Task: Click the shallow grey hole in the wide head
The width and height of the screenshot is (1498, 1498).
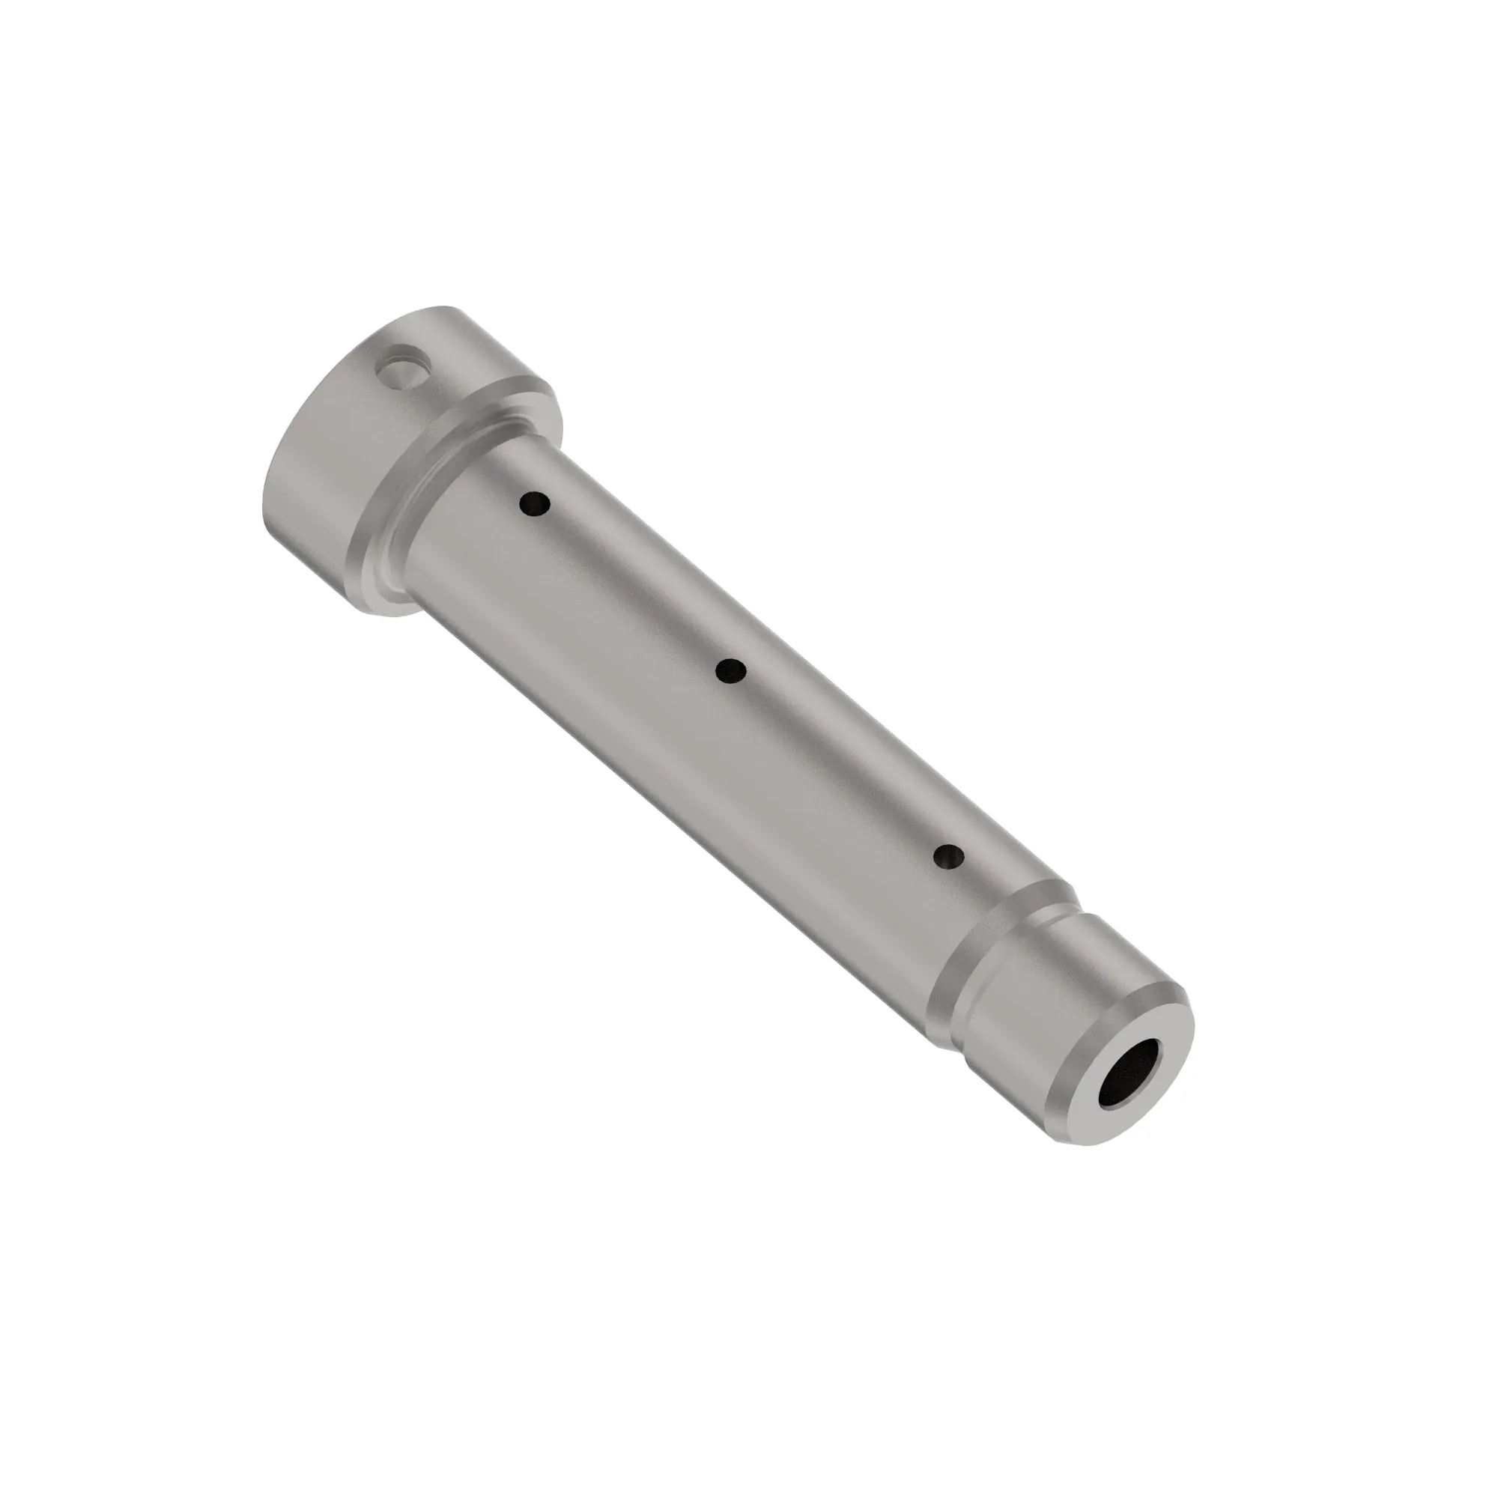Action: tap(401, 368)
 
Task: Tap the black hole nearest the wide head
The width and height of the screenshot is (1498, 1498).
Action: tap(535, 505)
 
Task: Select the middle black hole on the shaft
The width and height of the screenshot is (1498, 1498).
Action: tap(730, 670)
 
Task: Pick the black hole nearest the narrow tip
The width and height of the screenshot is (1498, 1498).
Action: tap(948, 857)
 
